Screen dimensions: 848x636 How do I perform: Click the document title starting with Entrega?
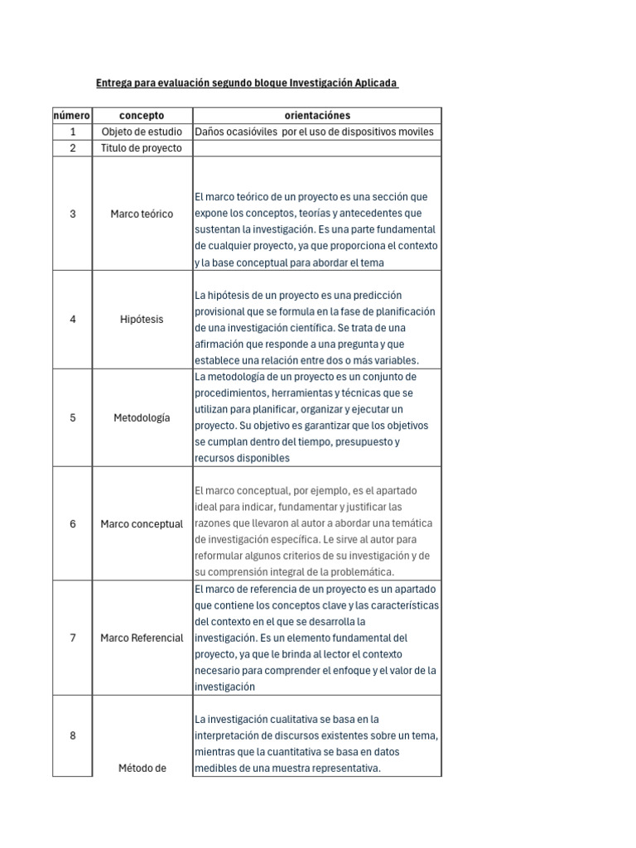click(247, 84)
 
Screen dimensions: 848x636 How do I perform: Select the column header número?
click(73, 116)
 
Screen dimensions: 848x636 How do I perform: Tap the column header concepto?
click(142, 116)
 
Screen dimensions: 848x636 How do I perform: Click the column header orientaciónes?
click(317, 116)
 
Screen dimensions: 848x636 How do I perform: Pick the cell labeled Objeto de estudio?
click(142, 132)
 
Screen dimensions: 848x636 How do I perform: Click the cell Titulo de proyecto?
click(142, 148)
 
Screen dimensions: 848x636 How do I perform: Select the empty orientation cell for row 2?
click(317, 148)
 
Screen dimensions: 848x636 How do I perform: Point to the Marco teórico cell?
click(142, 214)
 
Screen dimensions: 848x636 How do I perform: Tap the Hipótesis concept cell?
click(142, 320)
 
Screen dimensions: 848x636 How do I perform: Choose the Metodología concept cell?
click(142, 417)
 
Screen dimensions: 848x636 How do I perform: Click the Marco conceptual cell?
click(142, 524)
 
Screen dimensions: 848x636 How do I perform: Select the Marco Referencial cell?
click(142, 638)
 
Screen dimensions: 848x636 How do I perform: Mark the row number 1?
click(73, 132)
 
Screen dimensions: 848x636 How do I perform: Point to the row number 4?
click(73, 320)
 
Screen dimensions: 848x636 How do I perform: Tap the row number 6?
click(73, 524)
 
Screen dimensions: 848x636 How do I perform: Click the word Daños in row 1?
click(210, 132)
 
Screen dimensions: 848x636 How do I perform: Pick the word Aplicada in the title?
click(376, 84)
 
